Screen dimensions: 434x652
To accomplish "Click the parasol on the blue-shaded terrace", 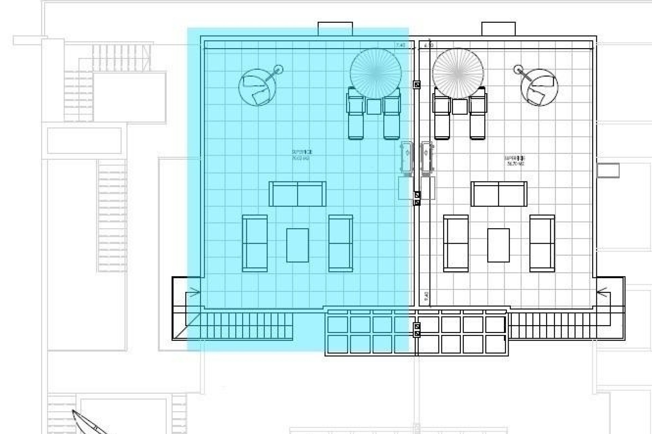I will click(376, 73).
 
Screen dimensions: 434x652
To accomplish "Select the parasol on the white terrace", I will click(458, 73).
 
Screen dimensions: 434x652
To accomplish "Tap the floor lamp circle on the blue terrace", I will click(278, 70).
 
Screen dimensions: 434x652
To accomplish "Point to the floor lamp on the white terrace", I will click(518, 70).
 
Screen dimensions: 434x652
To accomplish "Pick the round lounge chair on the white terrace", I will click(540, 87).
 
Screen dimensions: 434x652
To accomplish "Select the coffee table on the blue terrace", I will click(297, 245).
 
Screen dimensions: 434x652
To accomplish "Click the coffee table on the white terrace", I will click(498, 245).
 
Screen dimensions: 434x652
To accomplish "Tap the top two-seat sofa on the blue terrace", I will click(297, 194).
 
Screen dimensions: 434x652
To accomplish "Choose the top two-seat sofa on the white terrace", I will click(499, 194).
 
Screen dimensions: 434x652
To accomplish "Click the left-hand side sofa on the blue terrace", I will click(255, 243).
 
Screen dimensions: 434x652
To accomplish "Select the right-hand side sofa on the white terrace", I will click(542, 243).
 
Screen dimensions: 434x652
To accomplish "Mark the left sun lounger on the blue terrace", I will click(356, 114).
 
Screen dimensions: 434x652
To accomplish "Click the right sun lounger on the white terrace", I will click(477, 114).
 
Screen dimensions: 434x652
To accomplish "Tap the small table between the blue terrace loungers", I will click(374, 106).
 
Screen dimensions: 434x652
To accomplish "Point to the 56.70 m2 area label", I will click(515, 161).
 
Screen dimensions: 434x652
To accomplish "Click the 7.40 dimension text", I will click(400, 45).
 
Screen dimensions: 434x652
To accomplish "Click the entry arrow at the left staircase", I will click(194, 292).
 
